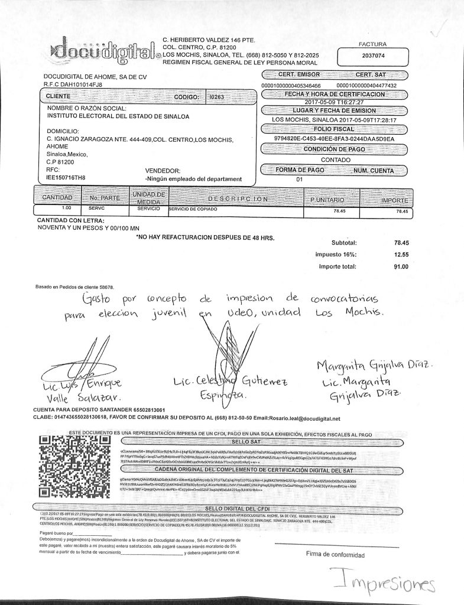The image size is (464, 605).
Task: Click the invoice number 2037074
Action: [x=372, y=56]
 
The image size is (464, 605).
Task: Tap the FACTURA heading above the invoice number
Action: [x=372, y=44]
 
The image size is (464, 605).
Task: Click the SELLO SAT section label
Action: [x=243, y=441]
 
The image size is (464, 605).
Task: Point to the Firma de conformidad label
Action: [x=333, y=554]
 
